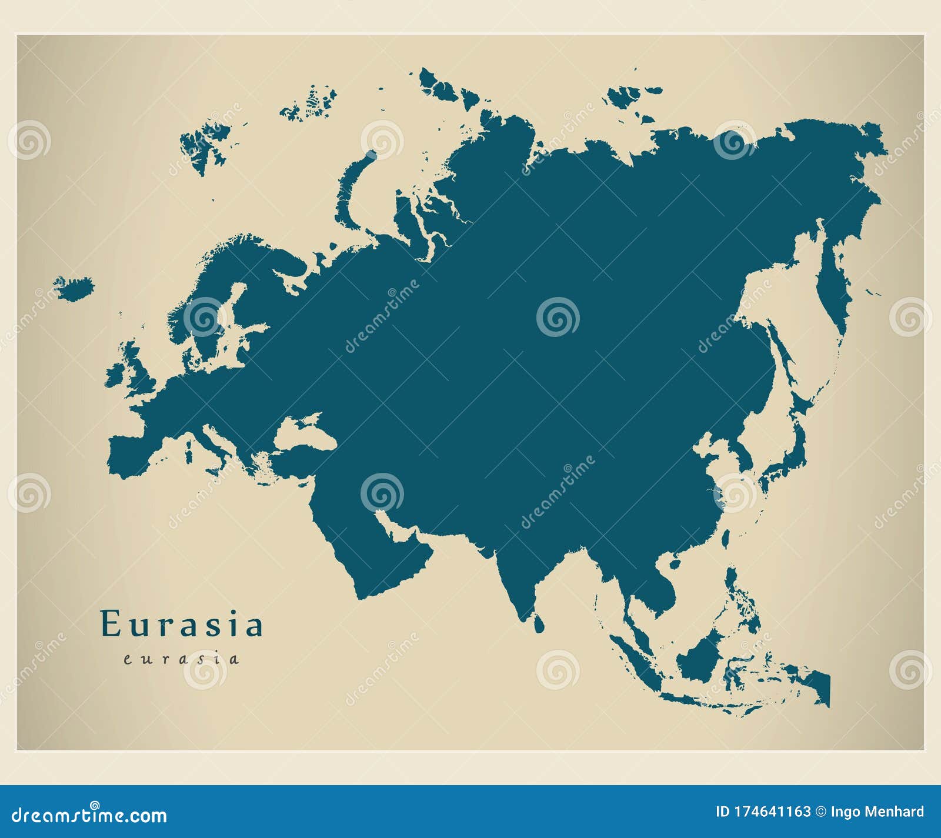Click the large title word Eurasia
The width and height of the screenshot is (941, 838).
tap(182, 625)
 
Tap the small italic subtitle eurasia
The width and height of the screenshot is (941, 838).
tap(181, 659)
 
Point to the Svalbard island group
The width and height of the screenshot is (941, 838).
tap(203, 144)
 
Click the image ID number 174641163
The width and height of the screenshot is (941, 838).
tap(773, 812)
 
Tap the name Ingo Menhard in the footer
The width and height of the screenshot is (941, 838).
tap(877, 812)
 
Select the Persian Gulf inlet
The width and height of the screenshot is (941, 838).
tap(395, 526)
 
